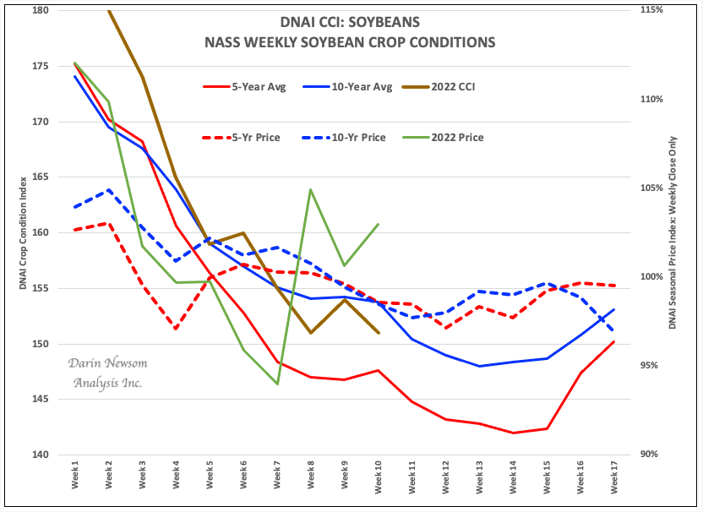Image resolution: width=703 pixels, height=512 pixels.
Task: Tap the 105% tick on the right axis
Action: pyautogui.click(x=651, y=188)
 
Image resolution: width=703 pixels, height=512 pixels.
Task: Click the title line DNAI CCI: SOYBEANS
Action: pyautogui.click(x=349, y=22)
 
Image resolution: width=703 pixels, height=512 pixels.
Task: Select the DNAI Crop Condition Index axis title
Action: pyautogui.click(x=23, y=233)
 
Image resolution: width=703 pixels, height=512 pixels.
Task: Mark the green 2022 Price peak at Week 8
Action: pyautogui.click(x=311, y=189)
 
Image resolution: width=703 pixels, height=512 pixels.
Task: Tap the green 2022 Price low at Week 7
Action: pyautogui.click(x=277, y=384)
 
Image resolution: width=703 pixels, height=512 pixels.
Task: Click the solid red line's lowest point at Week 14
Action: pyautogui.click(x=513, y=433)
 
